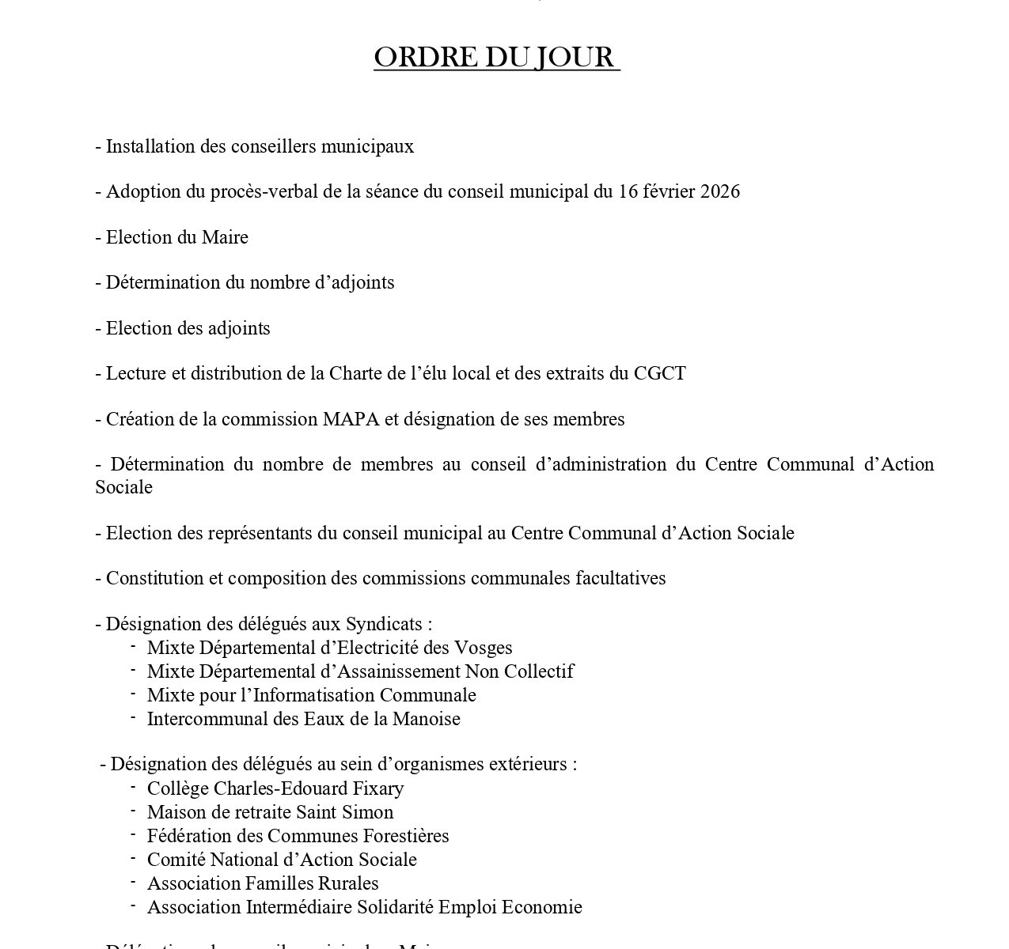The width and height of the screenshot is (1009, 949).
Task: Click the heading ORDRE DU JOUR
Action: [496, 58]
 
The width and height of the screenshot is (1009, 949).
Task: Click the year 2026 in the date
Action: [719, 192]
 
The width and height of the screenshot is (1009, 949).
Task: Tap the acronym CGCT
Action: [659, 373]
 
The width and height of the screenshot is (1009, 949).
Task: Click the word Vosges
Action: [483, 648]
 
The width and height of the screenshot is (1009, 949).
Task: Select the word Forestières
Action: [405, 836]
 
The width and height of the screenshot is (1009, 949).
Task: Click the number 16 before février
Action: [628, 192]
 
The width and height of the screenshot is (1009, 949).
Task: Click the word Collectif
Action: [539, 671]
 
